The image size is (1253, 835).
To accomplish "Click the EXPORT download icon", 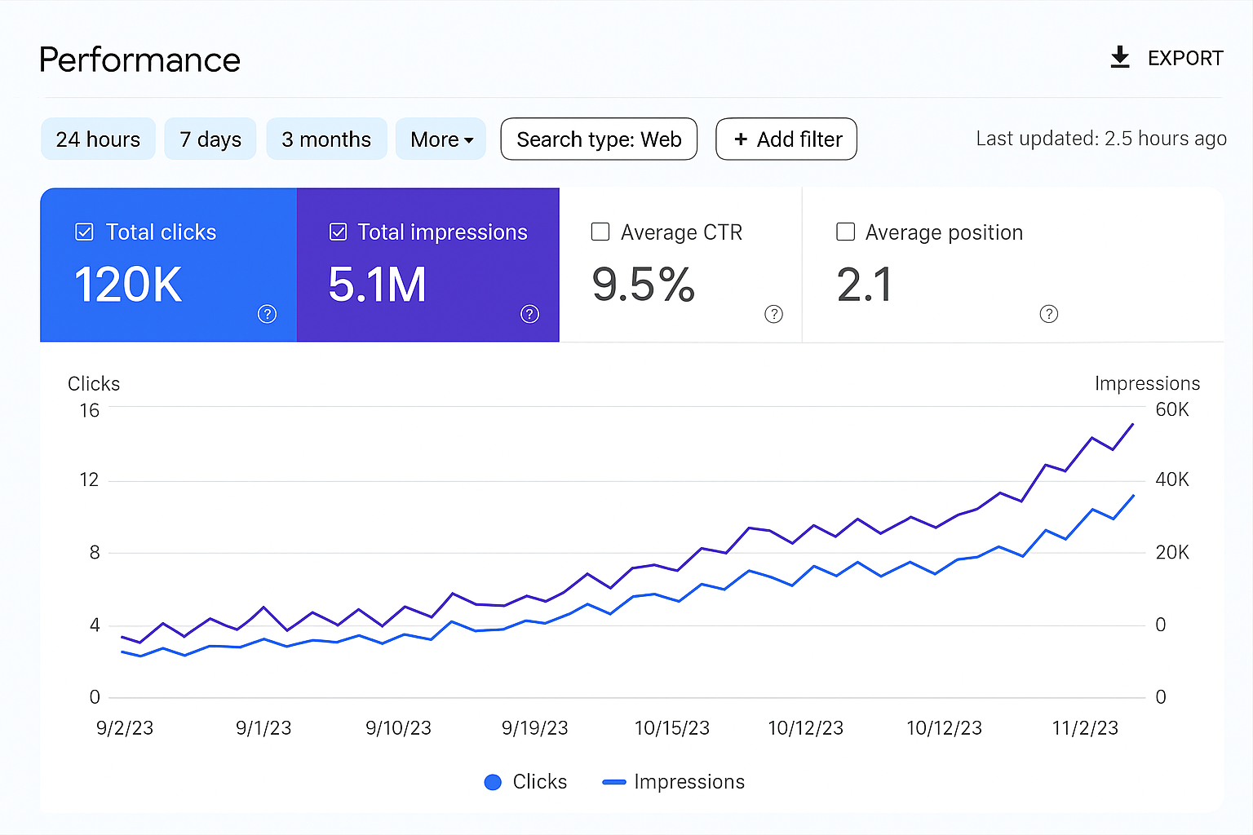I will [x=1120, y=57].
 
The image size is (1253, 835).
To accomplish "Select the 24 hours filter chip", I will [x=98, y=139].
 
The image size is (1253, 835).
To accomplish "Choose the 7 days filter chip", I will [x=210, y=139].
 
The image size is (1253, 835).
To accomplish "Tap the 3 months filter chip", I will [x=326, y=139].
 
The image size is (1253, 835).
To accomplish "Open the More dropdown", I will [x=441, y=139].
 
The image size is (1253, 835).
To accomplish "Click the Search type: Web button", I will [x=599, y=139].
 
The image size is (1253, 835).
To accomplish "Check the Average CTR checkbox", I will [x=600, y=232].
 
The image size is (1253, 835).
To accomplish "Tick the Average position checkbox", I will [x=846, y=232].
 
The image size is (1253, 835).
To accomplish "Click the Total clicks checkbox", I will [x=84, y=232].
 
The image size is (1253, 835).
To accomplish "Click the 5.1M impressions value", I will [x=377, y=285].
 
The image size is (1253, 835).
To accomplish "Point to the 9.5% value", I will [x=643, y=285].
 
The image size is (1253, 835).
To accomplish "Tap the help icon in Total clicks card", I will [x=267, y=314].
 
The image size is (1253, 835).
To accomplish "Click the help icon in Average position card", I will [x=1049, y=314].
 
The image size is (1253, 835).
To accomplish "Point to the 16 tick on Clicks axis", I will [x=89, y=410].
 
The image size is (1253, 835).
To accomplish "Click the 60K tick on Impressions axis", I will [x=1172, y=409].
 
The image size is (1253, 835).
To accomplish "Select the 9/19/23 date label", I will [x=534, y=728].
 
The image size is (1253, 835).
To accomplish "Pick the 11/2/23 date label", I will [x=1085, y=728].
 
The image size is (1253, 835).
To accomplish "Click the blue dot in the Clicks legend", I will [x=493, y=782].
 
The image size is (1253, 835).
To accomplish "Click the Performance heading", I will [x=139, y=60].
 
